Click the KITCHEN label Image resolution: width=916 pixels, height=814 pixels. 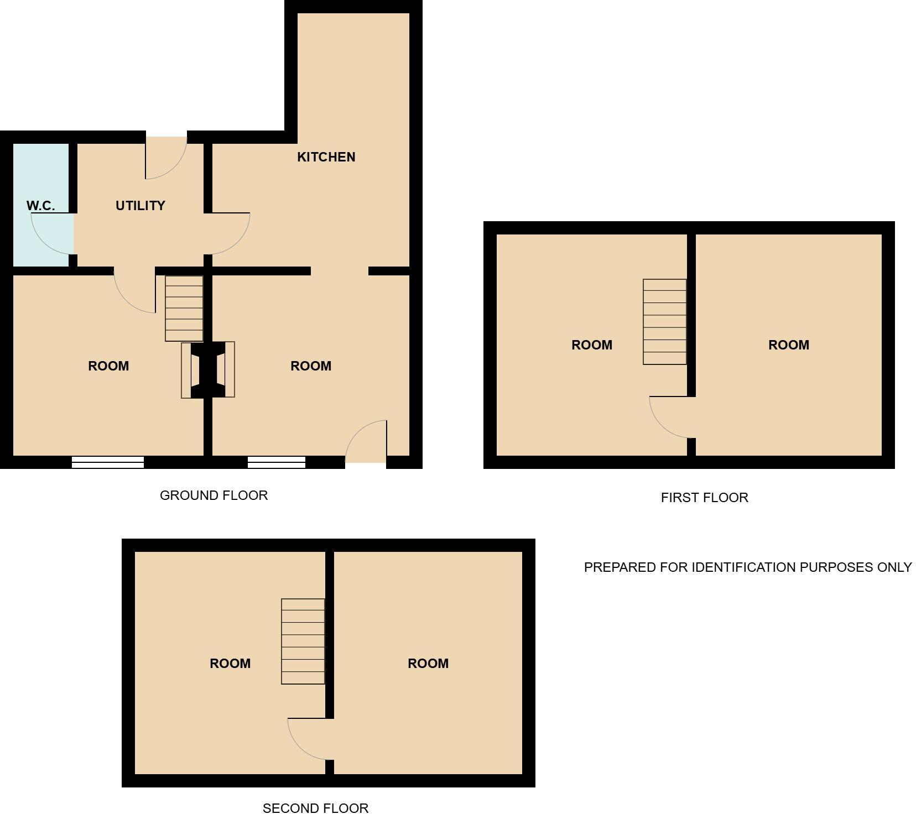(x=326, y=157)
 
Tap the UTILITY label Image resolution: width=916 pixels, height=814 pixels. (x=140, y=206)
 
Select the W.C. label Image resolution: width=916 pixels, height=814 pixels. (x=40, y=206)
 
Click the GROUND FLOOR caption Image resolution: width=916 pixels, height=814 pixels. (x=214, y=495)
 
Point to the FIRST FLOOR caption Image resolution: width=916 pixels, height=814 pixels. (x=704, y=498)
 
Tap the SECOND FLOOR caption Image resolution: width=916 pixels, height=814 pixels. (x=315, y=808)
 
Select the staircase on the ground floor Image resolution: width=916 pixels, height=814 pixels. (x=184, y=309)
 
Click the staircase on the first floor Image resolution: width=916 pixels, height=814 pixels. (x=664, y=322)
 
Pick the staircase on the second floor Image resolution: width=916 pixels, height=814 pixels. (x=303, y=641)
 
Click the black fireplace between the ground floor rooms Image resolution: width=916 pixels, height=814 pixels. (x=208, y=369)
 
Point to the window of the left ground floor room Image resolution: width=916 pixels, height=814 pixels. (x=108, y=462)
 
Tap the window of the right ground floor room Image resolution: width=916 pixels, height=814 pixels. (x=276, y=462)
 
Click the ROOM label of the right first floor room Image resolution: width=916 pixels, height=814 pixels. (x=788, y=345)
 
